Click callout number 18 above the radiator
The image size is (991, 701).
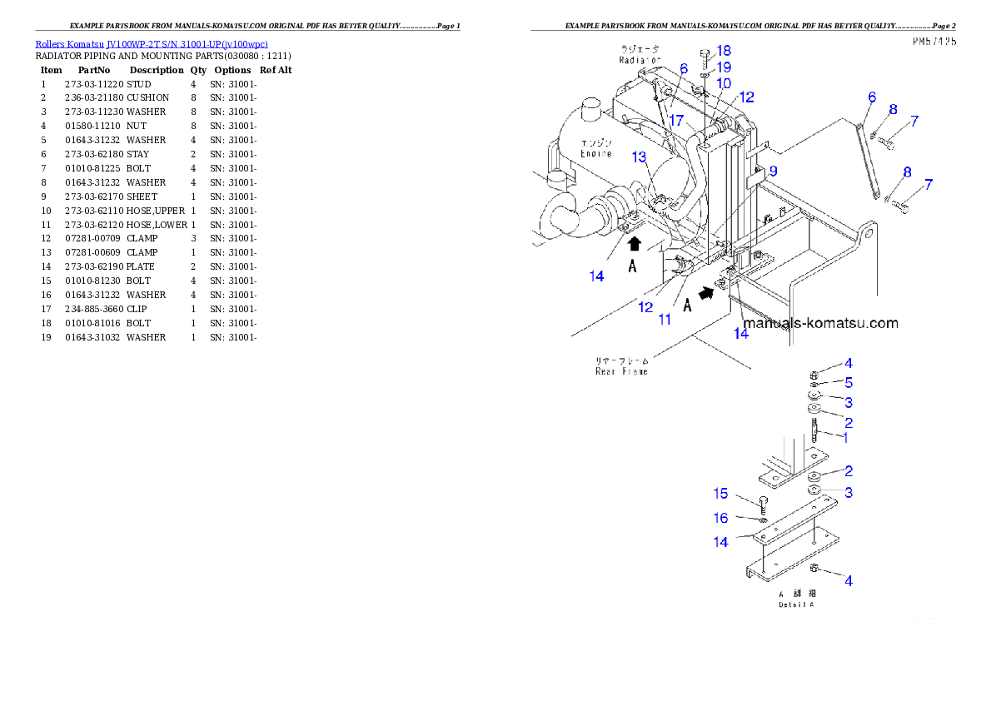pos(724,52)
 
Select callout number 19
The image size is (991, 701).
pos(724,67)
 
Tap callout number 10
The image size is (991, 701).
pos(724,83)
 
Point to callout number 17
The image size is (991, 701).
pos(692,122)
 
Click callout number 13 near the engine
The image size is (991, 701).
pos(639,157)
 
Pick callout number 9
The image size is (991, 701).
pos(773,171)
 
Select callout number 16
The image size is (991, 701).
pos(720,518)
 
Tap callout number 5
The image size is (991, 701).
pos(848,382)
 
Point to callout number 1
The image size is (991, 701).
pos(844,436)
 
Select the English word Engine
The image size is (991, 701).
pos(596,154)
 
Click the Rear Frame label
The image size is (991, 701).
pos(622,371)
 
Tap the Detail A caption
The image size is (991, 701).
pos(796,604)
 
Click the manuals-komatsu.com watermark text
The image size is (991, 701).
pos(820,323)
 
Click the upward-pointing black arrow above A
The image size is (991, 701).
pos(634,243)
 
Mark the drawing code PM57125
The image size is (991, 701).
pos(934,40)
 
